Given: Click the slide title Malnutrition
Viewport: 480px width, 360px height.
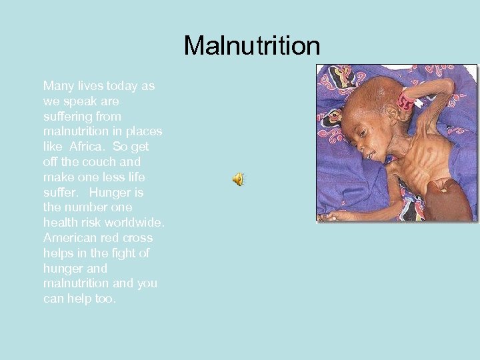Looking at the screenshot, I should point(252,46).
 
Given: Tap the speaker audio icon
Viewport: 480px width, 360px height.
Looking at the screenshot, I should point(238,179).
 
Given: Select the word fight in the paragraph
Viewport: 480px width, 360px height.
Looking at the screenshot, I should point(119,253).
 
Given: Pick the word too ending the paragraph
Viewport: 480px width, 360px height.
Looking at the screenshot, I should point(105,298).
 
